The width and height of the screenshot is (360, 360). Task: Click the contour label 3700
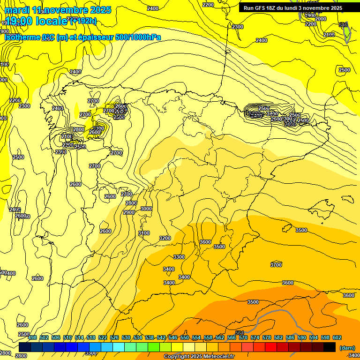(276, 265)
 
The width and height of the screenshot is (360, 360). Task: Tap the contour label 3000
(146, 209)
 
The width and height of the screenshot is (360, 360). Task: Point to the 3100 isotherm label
(144, 233)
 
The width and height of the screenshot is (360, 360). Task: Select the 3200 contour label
(165, 238)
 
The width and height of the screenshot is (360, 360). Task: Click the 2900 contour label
(129, 212)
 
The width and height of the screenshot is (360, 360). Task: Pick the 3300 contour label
(179, 257)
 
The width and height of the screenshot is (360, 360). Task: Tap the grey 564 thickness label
(240, 332)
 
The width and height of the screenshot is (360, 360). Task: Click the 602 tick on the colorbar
(337, 337)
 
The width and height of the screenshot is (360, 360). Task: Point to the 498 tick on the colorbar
(32, 337)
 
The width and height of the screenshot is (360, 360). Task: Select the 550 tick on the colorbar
(185, 337)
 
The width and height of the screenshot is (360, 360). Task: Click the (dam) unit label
(347, 347)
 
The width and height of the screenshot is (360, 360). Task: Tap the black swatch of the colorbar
(330, 347)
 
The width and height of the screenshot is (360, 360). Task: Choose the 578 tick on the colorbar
(267, 337)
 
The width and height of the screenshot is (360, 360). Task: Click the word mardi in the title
(17, 10)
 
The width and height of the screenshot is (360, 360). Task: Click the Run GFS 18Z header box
(292, 8)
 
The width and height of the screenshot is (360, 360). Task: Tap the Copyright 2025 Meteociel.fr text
(199, 357)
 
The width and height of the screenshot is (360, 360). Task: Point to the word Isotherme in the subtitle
(22, 37)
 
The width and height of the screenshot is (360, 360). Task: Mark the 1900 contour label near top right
(310, 15)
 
